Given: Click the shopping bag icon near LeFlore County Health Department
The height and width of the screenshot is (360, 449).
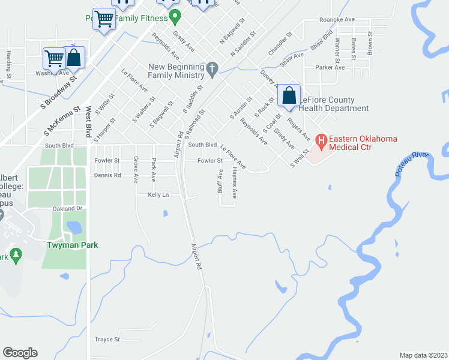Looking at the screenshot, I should click(289, 95).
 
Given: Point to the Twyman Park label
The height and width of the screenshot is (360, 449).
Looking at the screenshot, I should click(72, 245).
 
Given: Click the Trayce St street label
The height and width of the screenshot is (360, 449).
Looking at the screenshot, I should click(107, 339).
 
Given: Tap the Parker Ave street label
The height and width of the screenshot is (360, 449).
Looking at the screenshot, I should click(330, 67).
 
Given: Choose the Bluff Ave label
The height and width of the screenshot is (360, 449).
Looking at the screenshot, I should click(220, 181).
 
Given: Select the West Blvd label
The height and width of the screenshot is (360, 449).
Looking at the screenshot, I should click(88, 120).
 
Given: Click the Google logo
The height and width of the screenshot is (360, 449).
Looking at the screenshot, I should click(20, 353).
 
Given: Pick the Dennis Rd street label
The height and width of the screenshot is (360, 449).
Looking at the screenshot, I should click(107, 175).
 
